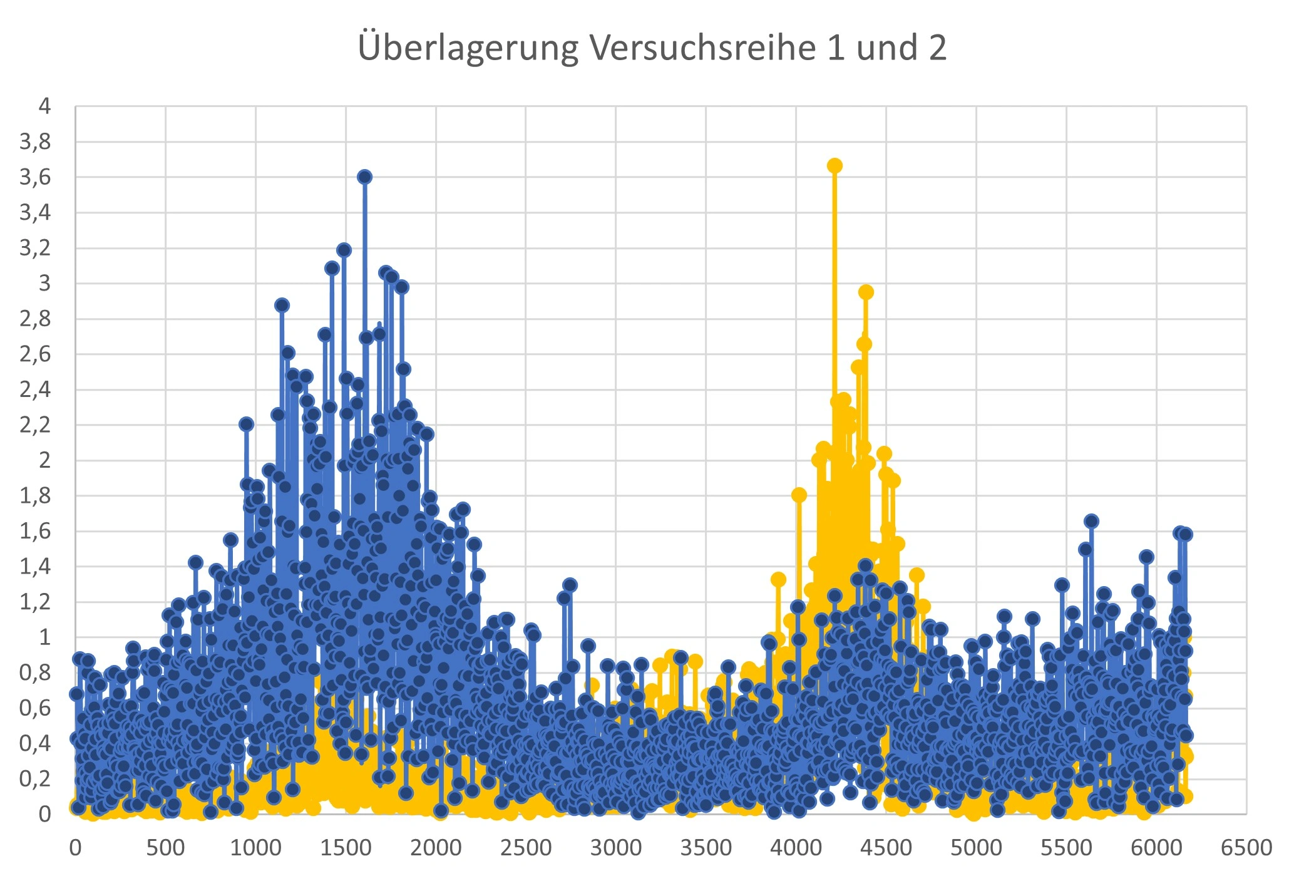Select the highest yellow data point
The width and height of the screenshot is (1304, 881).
coord(834,166)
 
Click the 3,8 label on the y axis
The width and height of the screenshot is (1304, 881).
coord(35,142)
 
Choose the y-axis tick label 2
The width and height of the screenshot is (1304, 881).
coord(44,460)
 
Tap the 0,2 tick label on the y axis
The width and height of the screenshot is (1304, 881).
coord(35,778)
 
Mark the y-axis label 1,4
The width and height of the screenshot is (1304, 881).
coord(35,567)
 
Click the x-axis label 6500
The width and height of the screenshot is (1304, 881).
coord(1246,848)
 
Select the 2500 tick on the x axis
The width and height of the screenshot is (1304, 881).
coord(526,848)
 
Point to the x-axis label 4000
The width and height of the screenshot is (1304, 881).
coord(796,848)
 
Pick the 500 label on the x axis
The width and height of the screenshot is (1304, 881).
coord(165,848)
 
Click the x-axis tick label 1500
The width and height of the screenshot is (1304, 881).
coord(346,848)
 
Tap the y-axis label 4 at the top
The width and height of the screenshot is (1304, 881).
coord(44,106)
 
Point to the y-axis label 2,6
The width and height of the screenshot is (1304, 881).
coord(35,354)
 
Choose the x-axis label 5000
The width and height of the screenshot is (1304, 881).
coord(976,848)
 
